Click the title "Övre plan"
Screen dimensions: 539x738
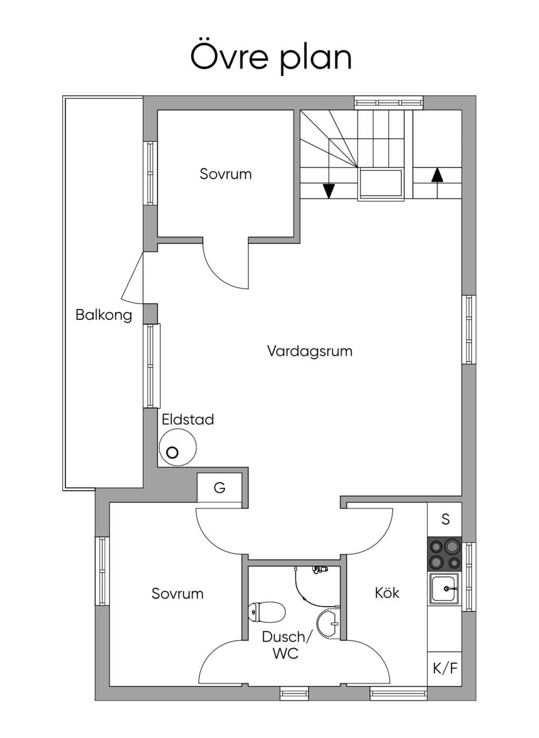click(x=271, y=58)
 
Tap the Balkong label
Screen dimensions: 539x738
click(x=104, y=315)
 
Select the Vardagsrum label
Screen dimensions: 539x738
click(x=310, y=351)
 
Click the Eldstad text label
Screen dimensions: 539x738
click(x=187, y=419)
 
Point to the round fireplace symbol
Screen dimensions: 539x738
click(x=178, y=447)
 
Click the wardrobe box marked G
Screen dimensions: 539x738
click(x=219, y=487)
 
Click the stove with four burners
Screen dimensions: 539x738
click(x=444, y=554)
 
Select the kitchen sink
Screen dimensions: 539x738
click(x=444, y=589)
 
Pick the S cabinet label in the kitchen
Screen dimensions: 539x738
click(x=445, y=519)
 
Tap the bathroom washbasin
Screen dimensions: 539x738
click(x=328, y=623)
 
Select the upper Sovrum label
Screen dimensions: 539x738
click(x=225, y=174)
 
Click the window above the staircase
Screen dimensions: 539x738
click(x=388, y=103)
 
